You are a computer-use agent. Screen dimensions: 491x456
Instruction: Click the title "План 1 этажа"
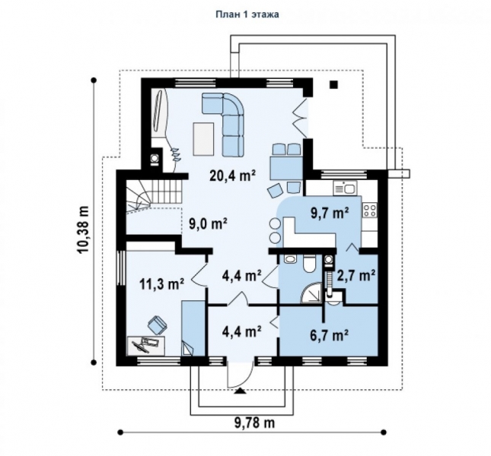coord(247,14)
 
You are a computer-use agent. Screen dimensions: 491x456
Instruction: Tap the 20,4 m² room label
coord(233,176)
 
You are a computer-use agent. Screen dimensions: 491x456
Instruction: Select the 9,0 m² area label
coord(208,223)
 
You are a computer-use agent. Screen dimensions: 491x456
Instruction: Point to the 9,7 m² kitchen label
coord(330,213)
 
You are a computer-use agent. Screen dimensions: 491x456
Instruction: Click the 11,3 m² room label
coord(161,284)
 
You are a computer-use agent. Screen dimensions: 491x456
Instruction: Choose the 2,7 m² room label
coord(356,276)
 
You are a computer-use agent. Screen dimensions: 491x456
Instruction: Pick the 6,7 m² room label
coord(330,335)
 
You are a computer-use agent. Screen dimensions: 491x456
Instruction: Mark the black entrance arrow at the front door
coord(241,391)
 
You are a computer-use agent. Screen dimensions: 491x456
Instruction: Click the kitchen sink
coord(345,188)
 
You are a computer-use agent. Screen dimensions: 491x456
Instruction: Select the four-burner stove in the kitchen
coord(370,210)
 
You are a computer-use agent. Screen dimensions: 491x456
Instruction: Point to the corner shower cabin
coord(311,293)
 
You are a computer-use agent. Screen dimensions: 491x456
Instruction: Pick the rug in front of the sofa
coord(204,139)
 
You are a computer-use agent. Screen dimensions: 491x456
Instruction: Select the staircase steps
coord(154,196)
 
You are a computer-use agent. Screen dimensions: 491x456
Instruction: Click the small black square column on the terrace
coord(334,84)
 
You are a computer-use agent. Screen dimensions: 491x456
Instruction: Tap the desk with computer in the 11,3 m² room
coord(145,345)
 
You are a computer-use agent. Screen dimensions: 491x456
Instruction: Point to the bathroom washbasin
coord(290,259)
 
